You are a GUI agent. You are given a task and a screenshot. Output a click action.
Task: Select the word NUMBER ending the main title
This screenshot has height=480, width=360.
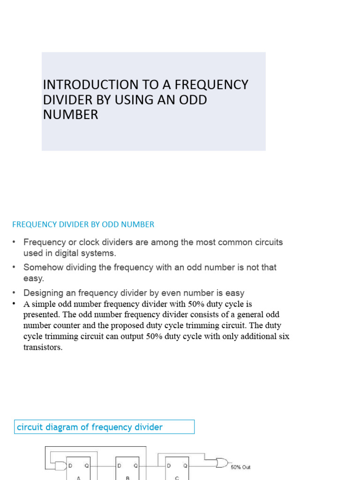[70, 115]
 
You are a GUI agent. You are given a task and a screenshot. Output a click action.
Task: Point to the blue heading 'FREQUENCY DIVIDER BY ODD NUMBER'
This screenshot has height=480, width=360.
[83, 225]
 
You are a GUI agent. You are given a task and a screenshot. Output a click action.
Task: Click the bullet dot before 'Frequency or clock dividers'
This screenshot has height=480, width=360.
[14, 242]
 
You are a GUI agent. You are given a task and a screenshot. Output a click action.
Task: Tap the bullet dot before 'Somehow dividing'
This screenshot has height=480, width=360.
[14, 267]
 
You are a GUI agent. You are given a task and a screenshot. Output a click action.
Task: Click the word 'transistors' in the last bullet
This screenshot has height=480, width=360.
[42, 347]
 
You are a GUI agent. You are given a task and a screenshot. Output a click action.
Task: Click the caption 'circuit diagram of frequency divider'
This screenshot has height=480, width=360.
[90, 427]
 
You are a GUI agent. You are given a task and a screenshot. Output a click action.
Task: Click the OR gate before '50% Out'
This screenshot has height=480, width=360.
[222, 464]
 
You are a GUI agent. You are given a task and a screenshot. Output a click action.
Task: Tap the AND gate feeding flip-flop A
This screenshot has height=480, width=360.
[60, 466]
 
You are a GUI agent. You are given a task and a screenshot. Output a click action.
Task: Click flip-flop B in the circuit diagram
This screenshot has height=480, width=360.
[127, 469]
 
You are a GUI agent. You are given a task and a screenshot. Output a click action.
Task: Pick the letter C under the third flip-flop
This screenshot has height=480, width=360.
[177, 478]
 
